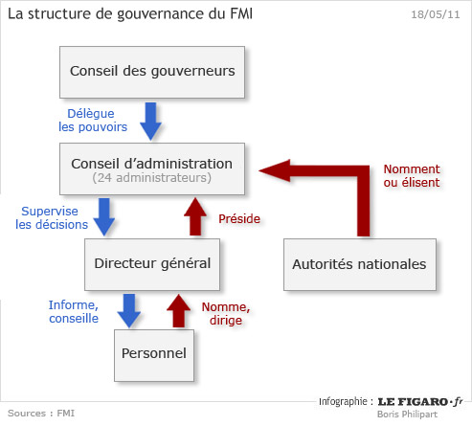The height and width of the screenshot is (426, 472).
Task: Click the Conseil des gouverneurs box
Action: click(x=152, y=72)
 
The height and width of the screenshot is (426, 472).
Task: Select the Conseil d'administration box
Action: click(x=152, y=168)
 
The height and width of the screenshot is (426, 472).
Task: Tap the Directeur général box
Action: click(x=152, y=264)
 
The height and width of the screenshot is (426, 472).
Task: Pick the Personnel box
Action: click(x=154, y=355)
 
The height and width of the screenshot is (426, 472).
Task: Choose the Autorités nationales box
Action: click(x=360, y=264)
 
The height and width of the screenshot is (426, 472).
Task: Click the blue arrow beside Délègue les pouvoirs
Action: click(x=150, y=122)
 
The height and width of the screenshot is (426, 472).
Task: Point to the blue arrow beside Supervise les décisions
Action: click(x=104, y=217)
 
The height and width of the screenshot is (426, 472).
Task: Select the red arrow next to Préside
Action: click(x=195, y=216)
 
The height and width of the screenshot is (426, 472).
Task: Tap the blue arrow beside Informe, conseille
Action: click(x=129, y=311)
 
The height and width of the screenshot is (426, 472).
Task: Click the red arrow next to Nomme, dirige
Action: click(x=179, y=310)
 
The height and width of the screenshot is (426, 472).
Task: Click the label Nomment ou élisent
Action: click(x=412, y=176)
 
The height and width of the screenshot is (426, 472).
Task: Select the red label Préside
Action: click(x=239, y=219)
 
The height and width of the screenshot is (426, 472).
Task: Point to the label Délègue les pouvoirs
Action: click(x=93, y=121)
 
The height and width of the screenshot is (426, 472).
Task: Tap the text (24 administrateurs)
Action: click(x=152, y=178)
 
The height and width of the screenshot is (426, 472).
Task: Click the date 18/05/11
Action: click(x=436, y=14)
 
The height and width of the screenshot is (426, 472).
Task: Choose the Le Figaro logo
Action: click(x=420, y=402)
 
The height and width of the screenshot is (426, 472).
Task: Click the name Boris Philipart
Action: click(x=407, y=415)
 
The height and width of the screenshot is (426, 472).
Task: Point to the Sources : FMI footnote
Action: click(x=41, y=414)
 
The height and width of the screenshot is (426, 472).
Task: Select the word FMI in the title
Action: click(x=241, y=13)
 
